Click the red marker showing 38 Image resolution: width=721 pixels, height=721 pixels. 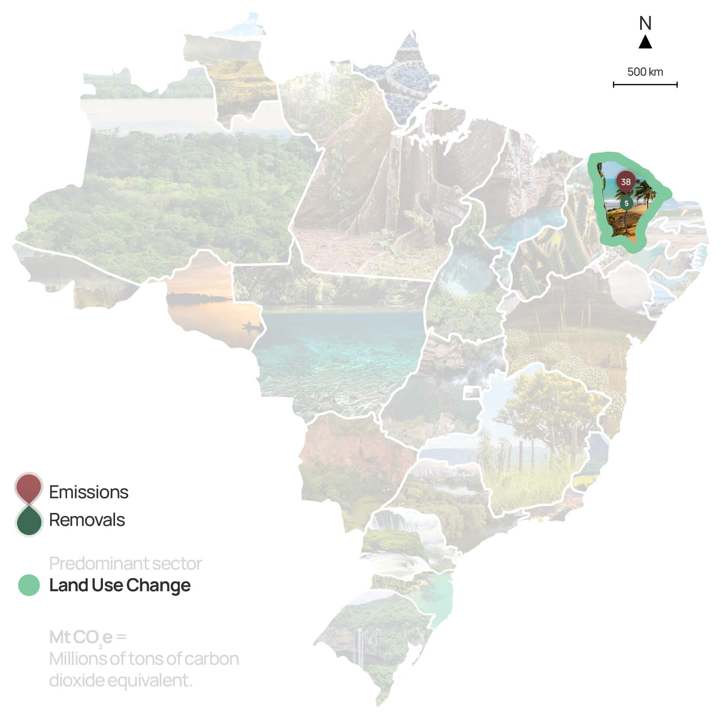[625, 182]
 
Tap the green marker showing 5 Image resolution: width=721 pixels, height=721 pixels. [626, 203]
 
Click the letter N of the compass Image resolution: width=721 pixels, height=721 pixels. [645, 23]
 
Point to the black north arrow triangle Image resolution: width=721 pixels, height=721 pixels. [645, 43]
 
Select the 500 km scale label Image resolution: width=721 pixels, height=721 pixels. [645, 72]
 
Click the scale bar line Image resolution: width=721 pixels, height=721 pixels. [645, 85]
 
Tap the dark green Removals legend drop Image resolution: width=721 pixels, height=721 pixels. [29, 521]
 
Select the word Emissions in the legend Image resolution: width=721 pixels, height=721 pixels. [89, 492]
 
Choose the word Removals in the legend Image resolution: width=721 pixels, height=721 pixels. [87, 520]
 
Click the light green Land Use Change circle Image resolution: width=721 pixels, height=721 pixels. [29, 585]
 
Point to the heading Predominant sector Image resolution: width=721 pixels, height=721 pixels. [125, 564]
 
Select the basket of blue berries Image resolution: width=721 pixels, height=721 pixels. [411, 78]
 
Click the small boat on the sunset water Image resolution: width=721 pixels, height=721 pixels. [252, 326]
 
